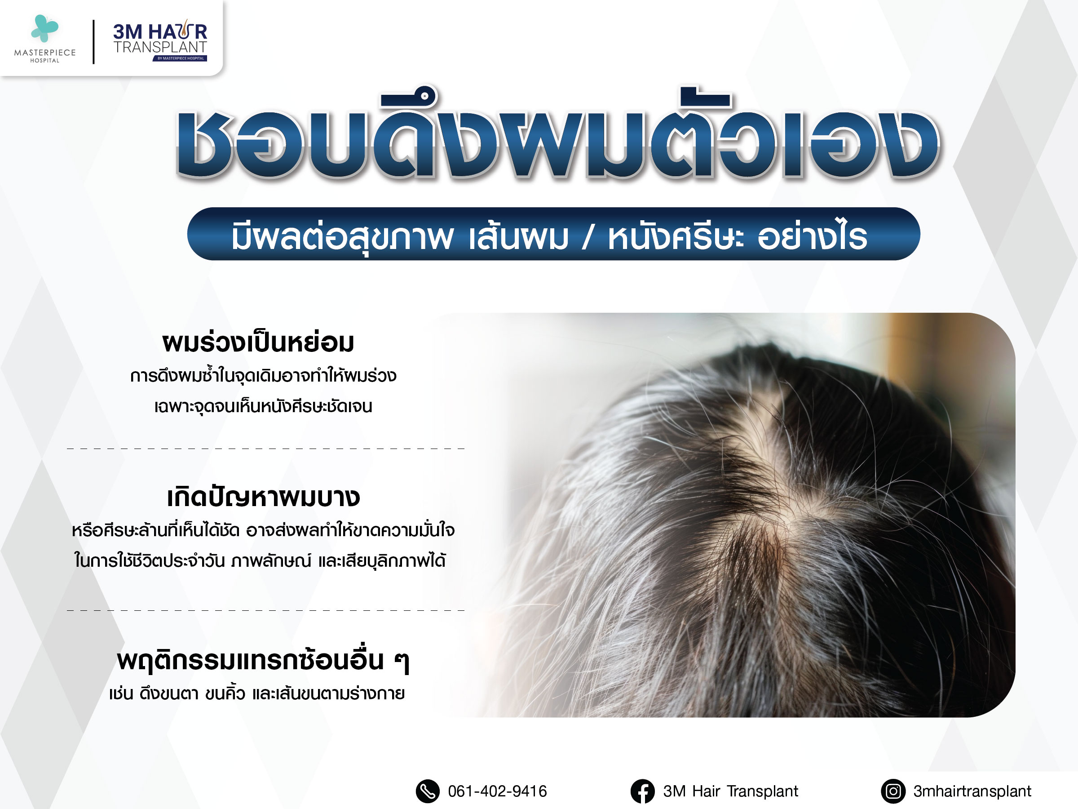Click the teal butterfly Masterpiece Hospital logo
click(44, 28)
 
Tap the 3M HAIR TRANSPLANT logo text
click(160, 40)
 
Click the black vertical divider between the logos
click(93, 42)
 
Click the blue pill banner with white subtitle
click(554, 234)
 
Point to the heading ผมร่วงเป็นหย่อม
click(258, 343)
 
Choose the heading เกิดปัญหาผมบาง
click(263, 498)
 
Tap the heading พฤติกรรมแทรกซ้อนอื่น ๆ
click(263, 661)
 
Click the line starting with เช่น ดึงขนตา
click(257, 693)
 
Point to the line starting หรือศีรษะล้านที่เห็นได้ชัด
click(263, 530)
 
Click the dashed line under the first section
click(266, 448)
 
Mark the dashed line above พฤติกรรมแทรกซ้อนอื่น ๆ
click(266, 610)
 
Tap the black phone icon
click(428, 791)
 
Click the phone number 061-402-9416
click(498, 791)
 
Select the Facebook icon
click(643, 791)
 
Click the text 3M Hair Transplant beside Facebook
click(730, 791)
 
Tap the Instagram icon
click(893, 791)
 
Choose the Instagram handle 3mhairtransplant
click(972, 791)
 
